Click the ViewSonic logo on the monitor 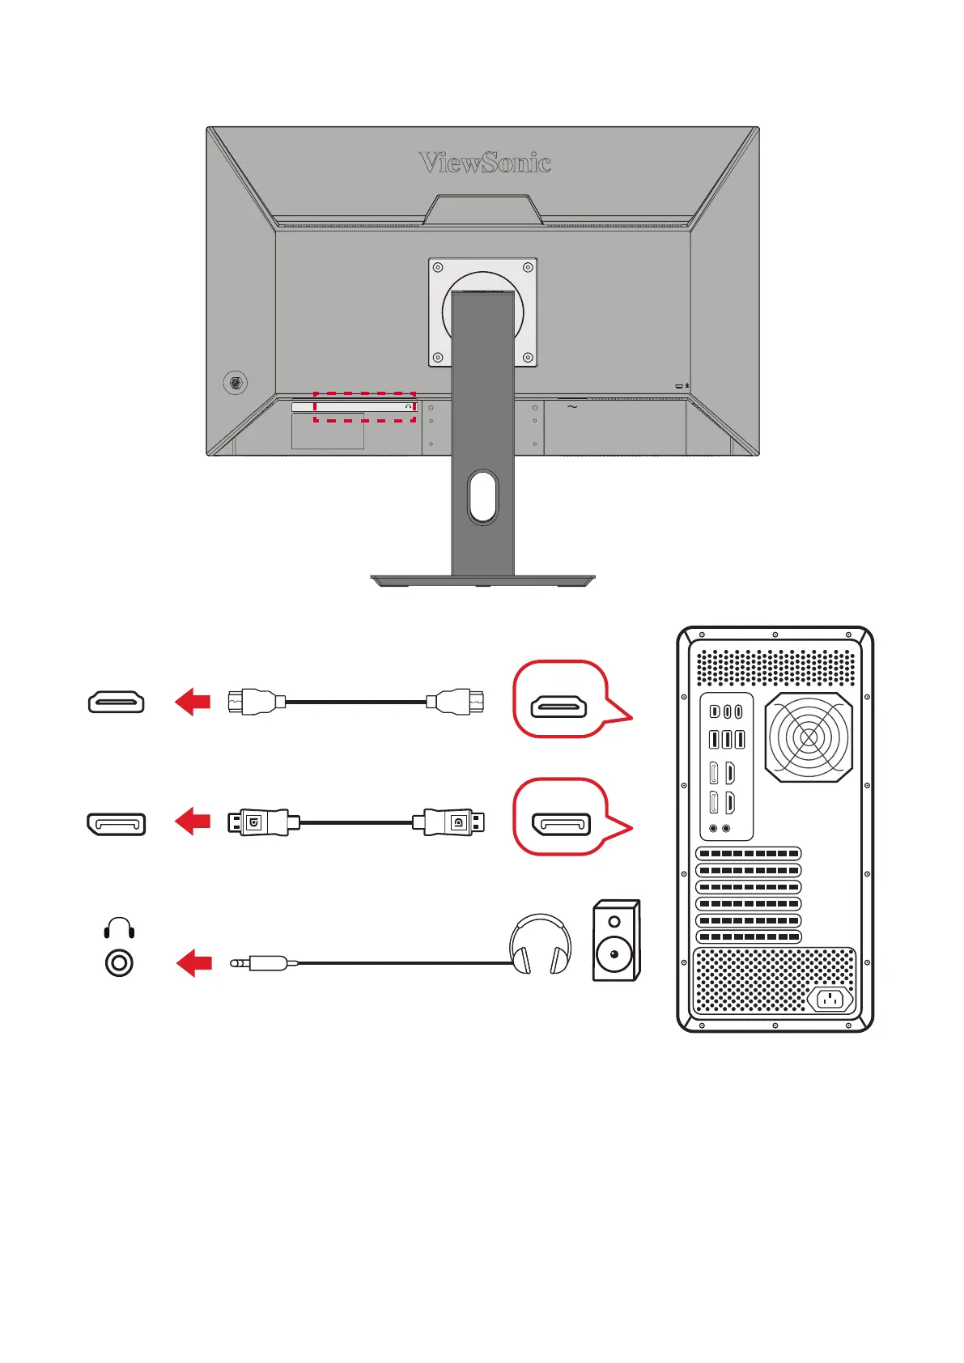pyautogui.click(x=485, y=163)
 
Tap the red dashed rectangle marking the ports pyautogui.click(x=364, y=407)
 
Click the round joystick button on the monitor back pyautogui.click(x=236, y=383)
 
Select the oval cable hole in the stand pyautogui.click(x=482, y=495)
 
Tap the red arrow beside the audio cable pyautogui.click(x=194, y=963)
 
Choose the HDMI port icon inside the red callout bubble pyautogui.click(x=558, y=707)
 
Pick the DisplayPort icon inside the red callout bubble pyautogui.click(x=560, y=825)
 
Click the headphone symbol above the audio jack pyautogui.click(x=119, y=928)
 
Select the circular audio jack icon pyautogui.click(x=119, y=963)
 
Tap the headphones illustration pyautogui.click(x=540, y=945)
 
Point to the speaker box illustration pyautogui.click(x=616, y=941)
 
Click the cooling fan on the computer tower pyautogui.click(x=808, y=737)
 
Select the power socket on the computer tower pyautogui.click(x=830, y=1000)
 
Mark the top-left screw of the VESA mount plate pyautogui.click(x=438, y=268)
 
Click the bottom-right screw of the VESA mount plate pyautogui.click(x=528, y=357)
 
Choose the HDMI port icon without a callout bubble pyautogui.click(x=117, y=702)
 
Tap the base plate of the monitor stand pyautogui.click(x=482, y=580)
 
